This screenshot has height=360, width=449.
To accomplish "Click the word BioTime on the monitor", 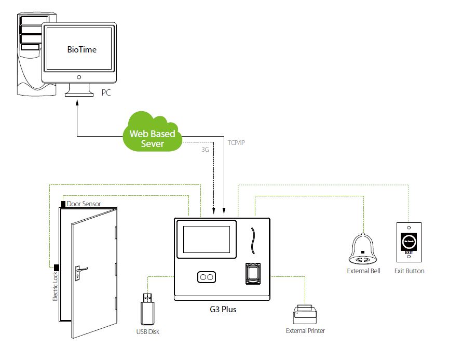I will coord(82,50).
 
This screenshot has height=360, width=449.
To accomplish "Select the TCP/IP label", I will coord(236,142).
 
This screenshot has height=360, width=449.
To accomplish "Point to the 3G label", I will coord(205,150).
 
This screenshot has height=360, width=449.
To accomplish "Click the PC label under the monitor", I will coord(105,94).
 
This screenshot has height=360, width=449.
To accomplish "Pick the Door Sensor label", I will coord(84,204).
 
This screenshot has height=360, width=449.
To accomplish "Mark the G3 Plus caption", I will coord(222,309).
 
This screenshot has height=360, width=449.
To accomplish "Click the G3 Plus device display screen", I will coord(207,238).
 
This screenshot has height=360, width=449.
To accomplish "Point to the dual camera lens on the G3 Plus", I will coord(206,277).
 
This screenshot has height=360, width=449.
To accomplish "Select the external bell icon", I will coord(363,250).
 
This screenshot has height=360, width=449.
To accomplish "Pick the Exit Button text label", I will coord(409,271).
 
